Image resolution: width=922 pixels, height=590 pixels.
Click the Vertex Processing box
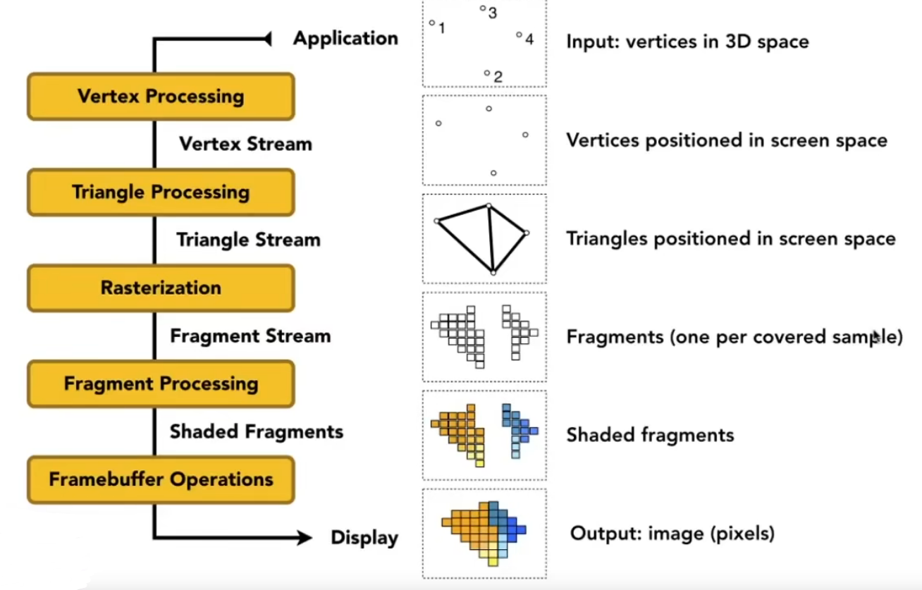pyautogui.click(x=161, y=97)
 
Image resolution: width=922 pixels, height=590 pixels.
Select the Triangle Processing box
pyautogui.click(x=161, y=192)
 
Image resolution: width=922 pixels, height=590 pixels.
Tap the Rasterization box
pyautogui.click(x=161, y=288)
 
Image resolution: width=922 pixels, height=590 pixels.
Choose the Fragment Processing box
pyautogui.click(x=161, y=383)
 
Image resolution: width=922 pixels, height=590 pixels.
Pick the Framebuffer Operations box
pyautogui.click(x=161, y=479)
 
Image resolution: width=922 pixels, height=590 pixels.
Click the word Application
pyautogui.click(x=345, y=38)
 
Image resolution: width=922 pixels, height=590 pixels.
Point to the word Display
pyautogui.click(x=364, y=539)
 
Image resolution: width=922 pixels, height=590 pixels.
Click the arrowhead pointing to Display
pyautogui.click(x=305, y=539)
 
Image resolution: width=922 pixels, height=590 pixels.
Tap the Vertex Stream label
pyautogui.click(x=245, y=144)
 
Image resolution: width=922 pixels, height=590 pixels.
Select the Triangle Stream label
pyautogui.click(x=248, y=240)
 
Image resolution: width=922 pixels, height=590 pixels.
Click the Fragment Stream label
pyautogui.click(x=250, y=336)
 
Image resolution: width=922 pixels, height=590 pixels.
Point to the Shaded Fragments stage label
pyautogui.click(x=257, y=431)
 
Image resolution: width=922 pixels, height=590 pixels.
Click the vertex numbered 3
pyautogui.click(x=483, y=8)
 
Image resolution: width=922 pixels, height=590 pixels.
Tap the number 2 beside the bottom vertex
pyautogui.click(x=498, y=77)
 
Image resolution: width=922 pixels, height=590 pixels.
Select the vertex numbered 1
pyautogui.click(x=432, y=23)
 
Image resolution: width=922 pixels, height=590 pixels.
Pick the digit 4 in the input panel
pyautogui.click(x=529, y=39)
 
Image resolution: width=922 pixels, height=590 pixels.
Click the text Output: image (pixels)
pyautogui.click(x=672, y=533)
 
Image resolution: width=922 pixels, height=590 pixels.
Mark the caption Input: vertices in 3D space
pyautogui.click(x=687, y=42)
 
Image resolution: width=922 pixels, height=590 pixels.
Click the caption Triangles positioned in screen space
pyautogui.click(x=731, y=239)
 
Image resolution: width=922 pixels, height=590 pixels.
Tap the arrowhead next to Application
pyautogui.click(x=267, y=39)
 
